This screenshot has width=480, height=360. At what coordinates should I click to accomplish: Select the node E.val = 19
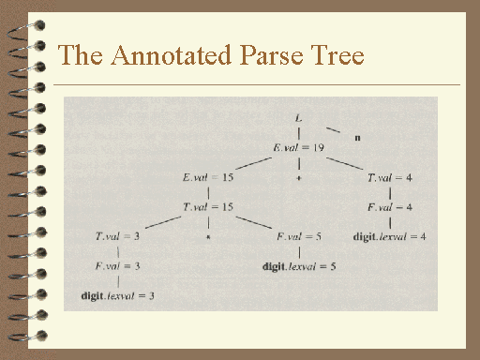[x=297, y=147]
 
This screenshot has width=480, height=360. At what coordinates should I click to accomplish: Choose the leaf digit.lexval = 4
[x=389, y=236]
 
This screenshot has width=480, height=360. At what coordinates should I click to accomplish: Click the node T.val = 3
[x=116, y=236]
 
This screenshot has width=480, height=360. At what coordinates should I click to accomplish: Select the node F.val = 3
[x=117, y=266]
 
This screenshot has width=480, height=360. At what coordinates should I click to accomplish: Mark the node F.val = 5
[x=299, y=236]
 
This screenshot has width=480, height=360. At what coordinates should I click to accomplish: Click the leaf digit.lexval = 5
[x=299, y=266]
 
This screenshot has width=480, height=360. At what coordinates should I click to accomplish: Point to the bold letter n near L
[x=358, y=137]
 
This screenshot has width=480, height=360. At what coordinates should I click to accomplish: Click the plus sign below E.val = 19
[x=297, y=176]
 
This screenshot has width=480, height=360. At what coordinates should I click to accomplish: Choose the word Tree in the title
[x=338, y=56]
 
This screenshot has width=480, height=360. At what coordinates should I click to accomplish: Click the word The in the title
[x=80, y=56]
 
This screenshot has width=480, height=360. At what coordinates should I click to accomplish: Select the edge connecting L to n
[x=332, y=127]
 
